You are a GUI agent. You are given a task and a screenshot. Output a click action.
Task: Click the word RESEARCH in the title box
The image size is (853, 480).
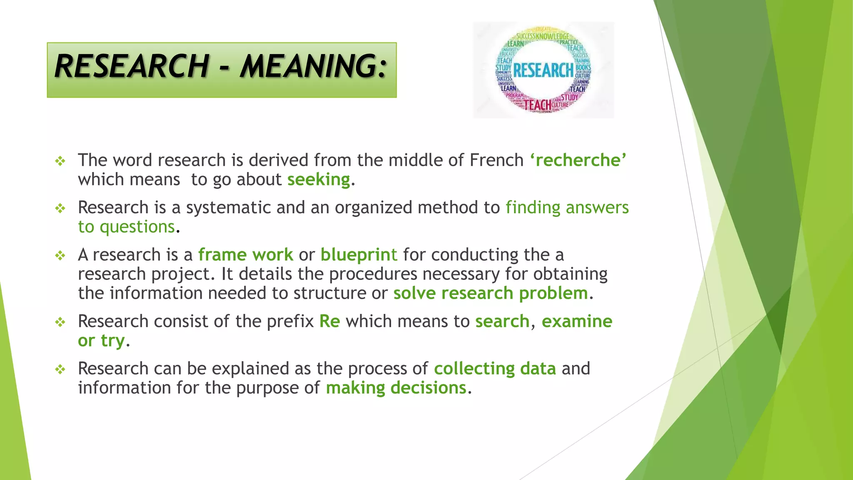[x=132, y=67]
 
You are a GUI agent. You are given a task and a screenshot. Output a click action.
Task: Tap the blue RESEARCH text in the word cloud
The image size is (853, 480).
[x=543, y=70]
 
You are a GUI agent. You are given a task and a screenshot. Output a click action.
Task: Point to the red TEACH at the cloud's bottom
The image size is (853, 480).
[x=537, y=105]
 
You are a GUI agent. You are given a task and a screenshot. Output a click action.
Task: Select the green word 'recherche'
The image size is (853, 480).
[x=579, y=160]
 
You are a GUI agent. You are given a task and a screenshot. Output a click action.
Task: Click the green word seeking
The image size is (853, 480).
[x=319, y=180]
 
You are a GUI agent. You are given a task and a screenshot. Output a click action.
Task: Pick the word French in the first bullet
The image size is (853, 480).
[x=496, y=160]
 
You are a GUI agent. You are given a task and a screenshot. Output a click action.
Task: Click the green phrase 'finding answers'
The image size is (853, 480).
[x=567, y=207]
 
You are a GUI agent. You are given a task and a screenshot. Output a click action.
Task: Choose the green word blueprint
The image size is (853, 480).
[x=359, y=255]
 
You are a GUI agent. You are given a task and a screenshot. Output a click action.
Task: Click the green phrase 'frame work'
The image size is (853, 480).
[x=246, y=255]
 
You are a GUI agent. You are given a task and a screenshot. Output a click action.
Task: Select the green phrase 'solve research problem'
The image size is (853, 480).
[x=491, y=293]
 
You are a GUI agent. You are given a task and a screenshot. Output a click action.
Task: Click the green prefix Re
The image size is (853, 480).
[x=329, y=321]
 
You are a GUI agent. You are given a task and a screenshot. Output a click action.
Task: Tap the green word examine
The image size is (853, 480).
[x=577, y=321]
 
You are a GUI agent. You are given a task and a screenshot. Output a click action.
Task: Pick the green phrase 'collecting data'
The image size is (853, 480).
[x=495, y=369]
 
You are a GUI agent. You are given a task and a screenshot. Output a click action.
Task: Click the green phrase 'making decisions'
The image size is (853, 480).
[x=396, y=388]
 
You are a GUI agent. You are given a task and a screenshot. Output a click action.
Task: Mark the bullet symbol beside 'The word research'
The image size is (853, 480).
[x=61, y=161]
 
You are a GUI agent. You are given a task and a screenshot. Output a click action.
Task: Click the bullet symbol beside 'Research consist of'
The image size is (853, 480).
[x=61, y=322]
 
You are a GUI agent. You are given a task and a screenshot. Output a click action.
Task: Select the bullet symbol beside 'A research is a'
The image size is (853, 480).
[x=61, y=255]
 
